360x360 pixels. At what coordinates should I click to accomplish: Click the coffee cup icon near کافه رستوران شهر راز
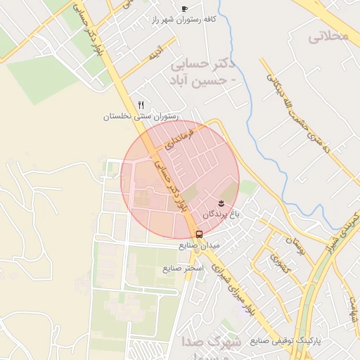[184, 8]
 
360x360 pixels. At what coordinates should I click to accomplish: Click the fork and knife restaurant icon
[141, 104]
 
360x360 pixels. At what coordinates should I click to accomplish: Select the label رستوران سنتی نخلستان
[141, 116]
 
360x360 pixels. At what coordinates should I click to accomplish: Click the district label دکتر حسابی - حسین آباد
[202, 72]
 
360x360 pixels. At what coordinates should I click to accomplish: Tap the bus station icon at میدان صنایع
[200, 234]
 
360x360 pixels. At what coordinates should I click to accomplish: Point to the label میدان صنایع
[200, 245]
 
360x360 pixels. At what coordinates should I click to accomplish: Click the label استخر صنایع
[183, 269]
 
